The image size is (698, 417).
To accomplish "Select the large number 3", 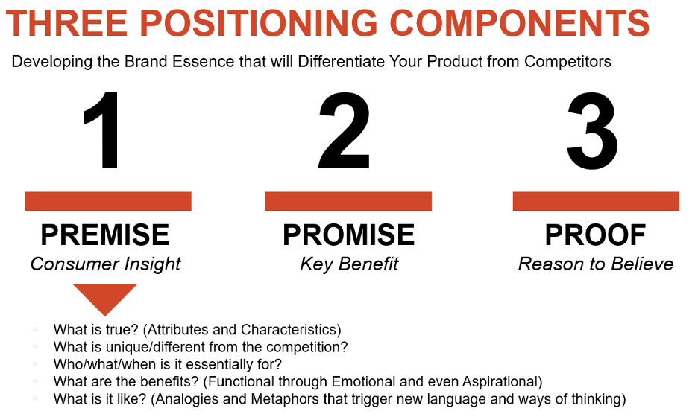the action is click(592, 131).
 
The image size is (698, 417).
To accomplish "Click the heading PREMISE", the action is click(105, 235).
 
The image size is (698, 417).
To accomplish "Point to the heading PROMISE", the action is click(348, 235).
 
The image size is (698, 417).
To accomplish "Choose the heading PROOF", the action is click(595, 235).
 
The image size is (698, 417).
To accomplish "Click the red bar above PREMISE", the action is click(108, 201).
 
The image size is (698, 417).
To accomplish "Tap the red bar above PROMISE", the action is click(348, 201).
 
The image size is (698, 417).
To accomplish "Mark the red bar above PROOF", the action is click(596, 201).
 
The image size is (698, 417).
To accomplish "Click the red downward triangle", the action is click(105, 296).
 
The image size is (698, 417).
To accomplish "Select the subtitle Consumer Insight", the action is click(105, 264).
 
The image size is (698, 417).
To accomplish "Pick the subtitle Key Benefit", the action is click(349, 264).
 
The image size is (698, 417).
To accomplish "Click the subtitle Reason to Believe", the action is click(596, 264).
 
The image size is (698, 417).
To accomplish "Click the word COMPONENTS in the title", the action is click(520, 23).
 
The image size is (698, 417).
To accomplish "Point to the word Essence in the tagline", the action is click(203, 61).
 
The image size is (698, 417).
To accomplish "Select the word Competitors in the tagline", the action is click(567, 61).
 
